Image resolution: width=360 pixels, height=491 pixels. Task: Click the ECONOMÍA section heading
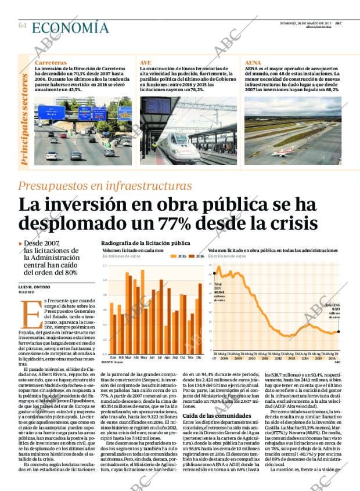point(70,27)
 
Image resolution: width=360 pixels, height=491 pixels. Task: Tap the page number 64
point(23,26)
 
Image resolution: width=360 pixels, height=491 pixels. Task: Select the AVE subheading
point(145,62)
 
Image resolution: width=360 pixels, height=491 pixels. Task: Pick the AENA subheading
point(253,62)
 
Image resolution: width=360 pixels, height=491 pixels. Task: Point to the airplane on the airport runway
point(284,153)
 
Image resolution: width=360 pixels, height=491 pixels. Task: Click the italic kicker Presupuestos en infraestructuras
point(105,186)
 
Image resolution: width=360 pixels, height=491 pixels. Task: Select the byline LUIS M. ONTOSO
point(34,287)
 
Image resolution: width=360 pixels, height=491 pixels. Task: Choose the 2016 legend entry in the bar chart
point(200,255)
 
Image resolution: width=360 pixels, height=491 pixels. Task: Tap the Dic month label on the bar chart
point(199,357)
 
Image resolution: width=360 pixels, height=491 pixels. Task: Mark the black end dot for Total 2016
point(338,332)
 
